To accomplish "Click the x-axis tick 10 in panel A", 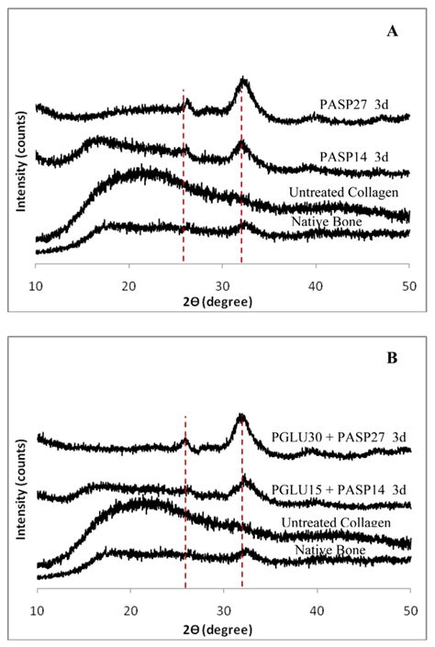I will click(36, 284).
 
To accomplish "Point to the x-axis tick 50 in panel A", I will click(409, 284).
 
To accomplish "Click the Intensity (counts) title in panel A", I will click(20, 165).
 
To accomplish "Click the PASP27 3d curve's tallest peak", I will click(243, 80).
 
